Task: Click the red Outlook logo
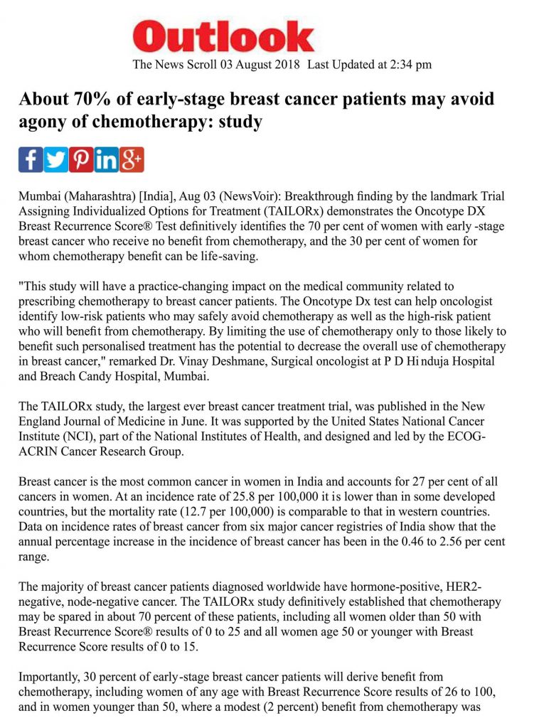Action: coord(223,37)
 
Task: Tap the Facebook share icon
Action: coord(31,160)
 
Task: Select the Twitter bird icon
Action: coord(56,160)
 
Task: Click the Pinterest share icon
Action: coord(81,160)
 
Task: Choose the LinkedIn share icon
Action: coord(106,160)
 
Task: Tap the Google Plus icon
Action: coord(132,160)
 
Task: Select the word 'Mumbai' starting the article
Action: coord(39,196)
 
